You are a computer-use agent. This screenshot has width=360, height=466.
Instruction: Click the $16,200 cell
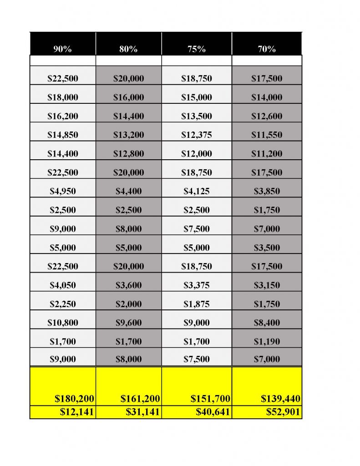tap(63, 116)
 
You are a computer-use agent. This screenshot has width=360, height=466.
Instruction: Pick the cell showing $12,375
tap(197, 135)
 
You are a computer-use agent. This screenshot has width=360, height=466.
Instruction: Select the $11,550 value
tap(267, 135)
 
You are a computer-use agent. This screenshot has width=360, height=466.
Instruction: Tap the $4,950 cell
tap(63, 191)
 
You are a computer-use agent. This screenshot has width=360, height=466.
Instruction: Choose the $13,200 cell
tap(128, 135)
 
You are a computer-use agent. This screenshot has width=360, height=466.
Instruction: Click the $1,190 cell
tap(267, 341)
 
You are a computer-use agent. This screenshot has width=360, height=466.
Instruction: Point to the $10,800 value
tap(63, 323)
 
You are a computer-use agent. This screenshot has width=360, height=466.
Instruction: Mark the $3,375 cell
tap(197, 285)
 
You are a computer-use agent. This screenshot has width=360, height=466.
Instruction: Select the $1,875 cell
tap(197, 304)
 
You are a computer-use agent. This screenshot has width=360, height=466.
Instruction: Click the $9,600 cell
tap(128, 323)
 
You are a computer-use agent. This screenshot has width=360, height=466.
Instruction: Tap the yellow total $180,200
tap(74, 399)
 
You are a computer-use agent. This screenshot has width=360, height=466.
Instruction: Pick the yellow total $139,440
tap(280, 399)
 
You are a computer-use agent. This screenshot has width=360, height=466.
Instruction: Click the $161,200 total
tap(140, 399)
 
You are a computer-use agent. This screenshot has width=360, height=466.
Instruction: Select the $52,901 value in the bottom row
tap(280, 412)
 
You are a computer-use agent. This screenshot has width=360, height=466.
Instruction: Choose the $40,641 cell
tap(213, 412)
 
